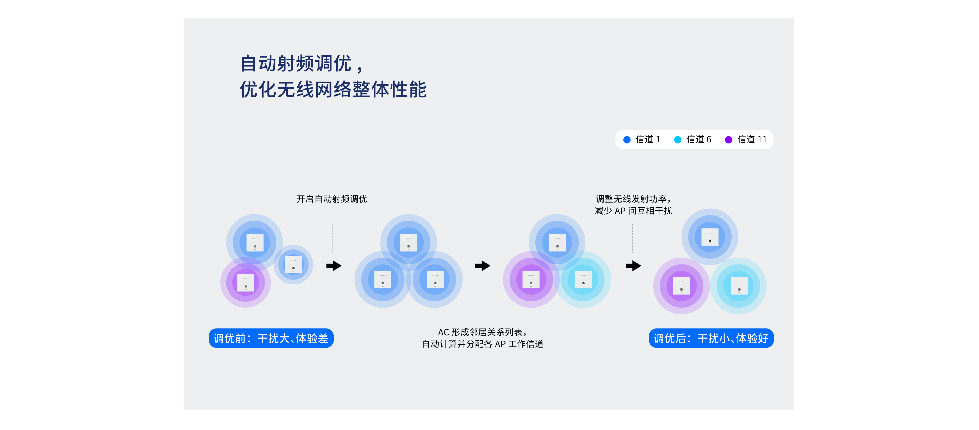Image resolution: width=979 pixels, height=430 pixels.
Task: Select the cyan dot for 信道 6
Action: [678, 140]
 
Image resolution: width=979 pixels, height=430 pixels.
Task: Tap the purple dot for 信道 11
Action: [729, 140]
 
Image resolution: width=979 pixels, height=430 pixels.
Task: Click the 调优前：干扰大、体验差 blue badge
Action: [271, 338]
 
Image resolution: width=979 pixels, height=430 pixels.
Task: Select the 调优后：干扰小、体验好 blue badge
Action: [711, 338]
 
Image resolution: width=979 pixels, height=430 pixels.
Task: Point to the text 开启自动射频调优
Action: [332, 199]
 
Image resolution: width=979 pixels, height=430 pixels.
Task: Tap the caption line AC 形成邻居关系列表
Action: [482, 332]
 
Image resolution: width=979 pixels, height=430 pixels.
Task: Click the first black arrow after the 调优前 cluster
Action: [334, 266]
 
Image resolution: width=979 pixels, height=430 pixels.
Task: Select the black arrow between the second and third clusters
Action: [483, 266]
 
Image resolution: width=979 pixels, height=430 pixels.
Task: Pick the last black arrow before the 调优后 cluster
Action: [634, 266]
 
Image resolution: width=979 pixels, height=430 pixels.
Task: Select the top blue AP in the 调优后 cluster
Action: [710, 237]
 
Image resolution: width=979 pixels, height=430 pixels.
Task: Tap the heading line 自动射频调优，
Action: [302, 63]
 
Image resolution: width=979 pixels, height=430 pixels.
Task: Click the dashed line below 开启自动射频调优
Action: [333, 238]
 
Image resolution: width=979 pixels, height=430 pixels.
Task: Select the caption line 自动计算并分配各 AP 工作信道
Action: [483, 344]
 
